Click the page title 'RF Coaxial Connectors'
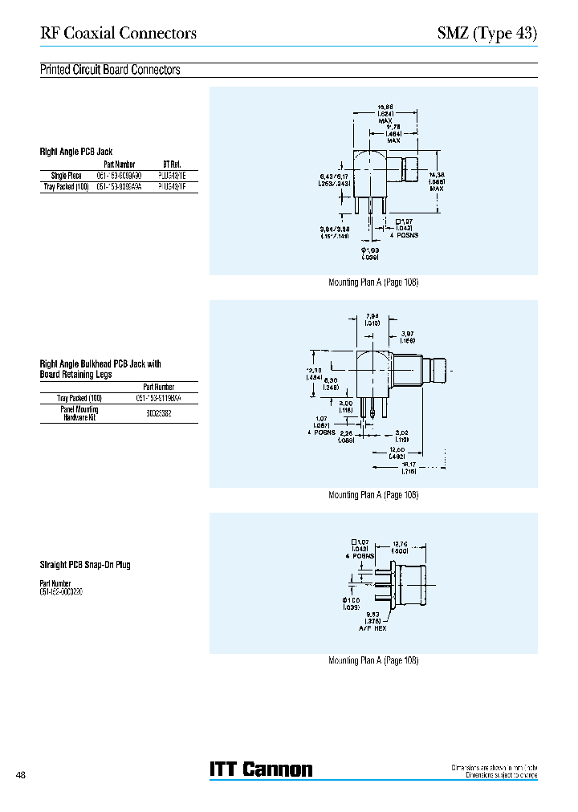118,34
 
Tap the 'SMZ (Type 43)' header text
486,34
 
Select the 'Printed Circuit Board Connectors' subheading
110,70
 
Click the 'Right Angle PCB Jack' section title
76,151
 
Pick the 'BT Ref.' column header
172,164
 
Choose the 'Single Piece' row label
66,175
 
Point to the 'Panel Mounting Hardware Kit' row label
79,414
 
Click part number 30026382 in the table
158,414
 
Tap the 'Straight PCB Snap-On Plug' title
85,565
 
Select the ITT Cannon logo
261,769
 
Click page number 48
21,775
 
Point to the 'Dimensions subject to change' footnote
495,775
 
